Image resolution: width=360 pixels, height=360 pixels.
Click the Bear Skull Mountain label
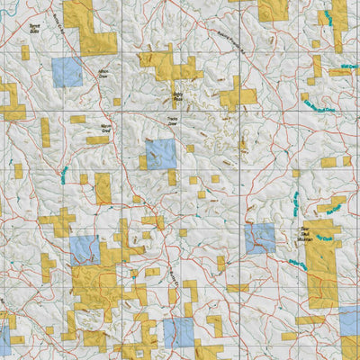tap(280, 235)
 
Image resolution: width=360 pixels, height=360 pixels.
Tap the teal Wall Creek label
tap(343, 70)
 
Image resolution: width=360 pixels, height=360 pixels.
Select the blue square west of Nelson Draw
tap(67, 72)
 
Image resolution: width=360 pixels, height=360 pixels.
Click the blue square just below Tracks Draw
tap(161, 154)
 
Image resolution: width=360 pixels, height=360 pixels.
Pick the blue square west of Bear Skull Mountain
tap(259, 238)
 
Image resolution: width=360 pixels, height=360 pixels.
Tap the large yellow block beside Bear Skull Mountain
tap(321, 261)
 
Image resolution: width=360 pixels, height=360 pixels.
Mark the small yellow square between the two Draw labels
tap(116, 101)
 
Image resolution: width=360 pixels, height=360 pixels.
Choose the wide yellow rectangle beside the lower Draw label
tap(97, 140)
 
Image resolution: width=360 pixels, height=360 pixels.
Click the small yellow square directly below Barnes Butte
tap(25, 53)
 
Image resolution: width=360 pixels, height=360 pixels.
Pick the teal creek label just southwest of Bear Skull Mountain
tap(297, 263)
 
